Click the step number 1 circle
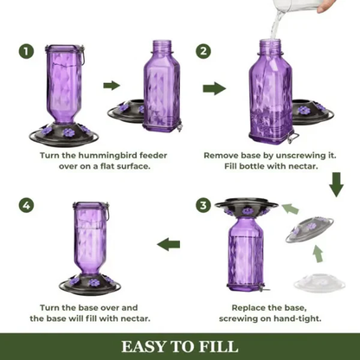28,52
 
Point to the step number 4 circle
28,205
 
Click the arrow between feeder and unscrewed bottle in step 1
112,85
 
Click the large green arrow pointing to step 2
215,88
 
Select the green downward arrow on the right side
337,183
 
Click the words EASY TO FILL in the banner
180,346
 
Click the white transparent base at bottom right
319,280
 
